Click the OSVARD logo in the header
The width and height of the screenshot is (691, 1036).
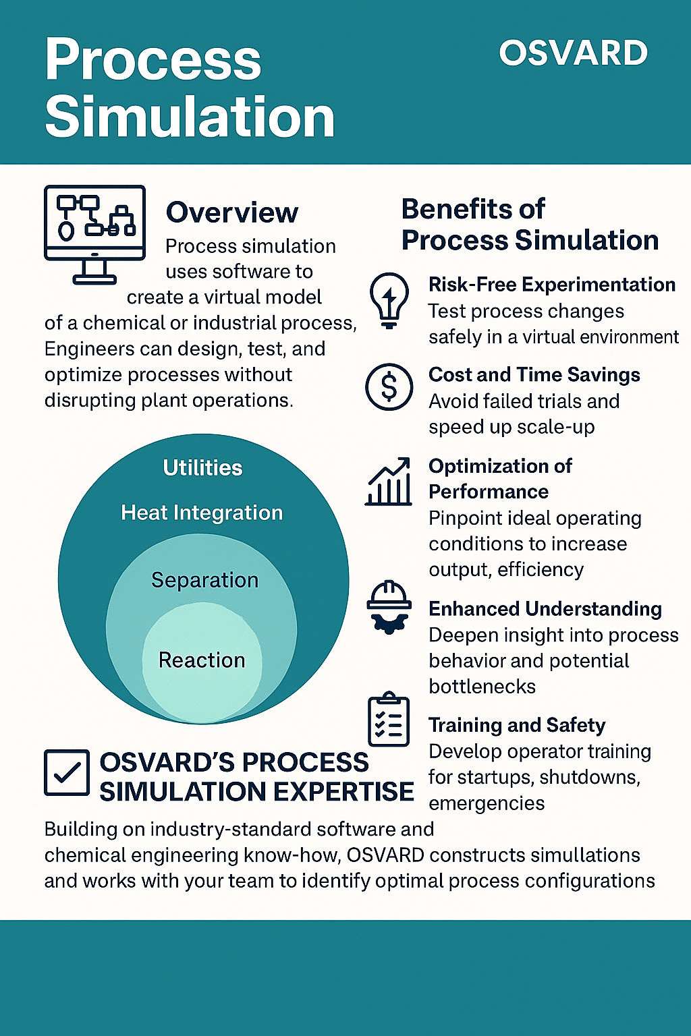573,53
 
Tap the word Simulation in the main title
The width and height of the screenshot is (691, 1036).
190,117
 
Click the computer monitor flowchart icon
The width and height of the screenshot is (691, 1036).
94,233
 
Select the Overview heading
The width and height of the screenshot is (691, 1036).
231,212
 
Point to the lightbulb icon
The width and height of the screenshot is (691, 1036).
389,300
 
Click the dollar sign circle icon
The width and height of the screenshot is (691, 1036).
389,387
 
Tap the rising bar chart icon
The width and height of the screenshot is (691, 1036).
389,482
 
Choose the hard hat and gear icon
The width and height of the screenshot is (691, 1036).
389,607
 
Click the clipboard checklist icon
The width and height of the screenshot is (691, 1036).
389,720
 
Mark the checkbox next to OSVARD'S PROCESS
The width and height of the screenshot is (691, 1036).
67,773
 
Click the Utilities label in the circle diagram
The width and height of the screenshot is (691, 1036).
202,467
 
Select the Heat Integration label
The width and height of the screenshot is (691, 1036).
202,513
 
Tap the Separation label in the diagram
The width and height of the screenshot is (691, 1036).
204,580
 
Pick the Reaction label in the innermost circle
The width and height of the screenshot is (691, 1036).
202,660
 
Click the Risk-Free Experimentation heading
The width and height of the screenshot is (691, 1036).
551,285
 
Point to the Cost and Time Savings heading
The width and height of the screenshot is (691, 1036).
534,374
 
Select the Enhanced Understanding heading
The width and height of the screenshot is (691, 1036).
545,608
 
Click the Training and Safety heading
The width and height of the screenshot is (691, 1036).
517,725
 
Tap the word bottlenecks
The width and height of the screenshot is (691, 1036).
482,687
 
